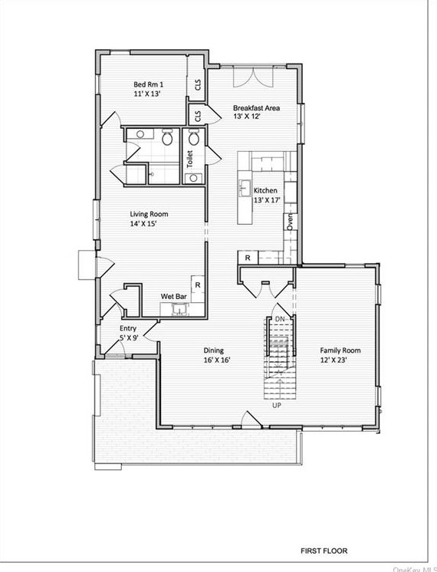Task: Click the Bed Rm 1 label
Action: (148, 84)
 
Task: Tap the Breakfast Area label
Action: (256, 108)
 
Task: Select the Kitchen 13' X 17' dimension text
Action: (267, 200)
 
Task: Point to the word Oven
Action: (290, 221)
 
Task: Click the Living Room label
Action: (149, 214)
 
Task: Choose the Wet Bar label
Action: (173, 297)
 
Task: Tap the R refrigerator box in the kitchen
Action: (248, 258)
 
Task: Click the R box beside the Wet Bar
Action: (198, 285)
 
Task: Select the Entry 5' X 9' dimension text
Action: (129, 338)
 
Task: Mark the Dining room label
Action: (213, 350)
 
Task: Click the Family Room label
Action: (340, 350)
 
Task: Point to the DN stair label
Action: (280, 319)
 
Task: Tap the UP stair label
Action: (277, 406)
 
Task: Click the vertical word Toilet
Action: (189, 159)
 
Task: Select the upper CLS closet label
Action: (198, 85)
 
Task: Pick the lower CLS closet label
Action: (198, 117)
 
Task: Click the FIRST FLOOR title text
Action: (324, 551)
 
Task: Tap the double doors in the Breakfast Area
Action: (253, 77)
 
